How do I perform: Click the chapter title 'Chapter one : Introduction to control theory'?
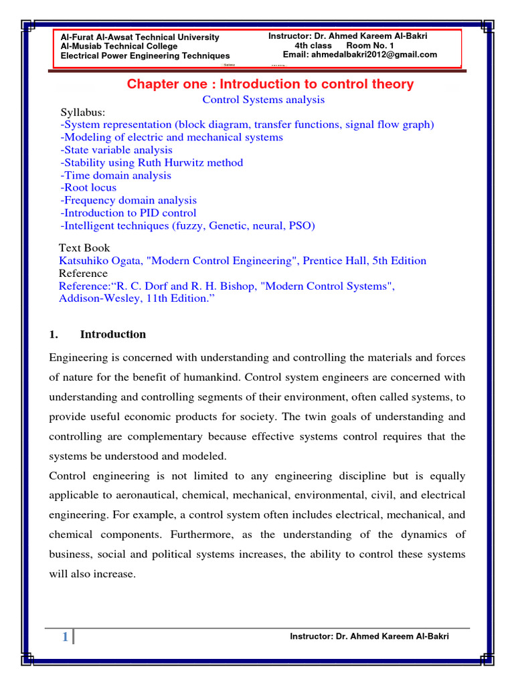pyautogui.click(x=270, y=84)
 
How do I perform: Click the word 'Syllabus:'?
pyautogui.click(x=83, y=112)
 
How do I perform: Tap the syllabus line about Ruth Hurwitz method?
pyautogui.click(x=151, y=163)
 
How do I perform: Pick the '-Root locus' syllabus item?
pyautogui.click(x=88, y=188)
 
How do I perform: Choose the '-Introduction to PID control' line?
pyautogui.click(x=128, y=213)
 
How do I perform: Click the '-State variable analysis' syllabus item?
pyautogui.click(x=116, y=151)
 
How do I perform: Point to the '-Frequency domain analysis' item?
pyautogui.click(x=128, y=201)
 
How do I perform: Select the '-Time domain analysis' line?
pyautogui.click(x=115, y=175)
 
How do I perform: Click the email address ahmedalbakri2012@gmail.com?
pyautogui.click(x=379, y=55)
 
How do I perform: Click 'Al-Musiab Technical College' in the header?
pyautogui.click(x=119, y=47)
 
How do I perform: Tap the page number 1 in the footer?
pyautogui.click(x=64, y=638)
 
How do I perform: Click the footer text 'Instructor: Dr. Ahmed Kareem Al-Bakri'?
pyautogui.click(x=369, y=636)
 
